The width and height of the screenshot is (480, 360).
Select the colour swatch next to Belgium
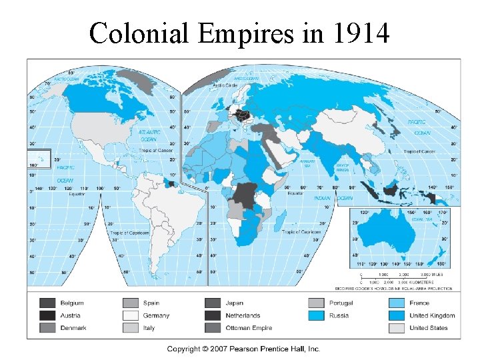(x=48, y=303)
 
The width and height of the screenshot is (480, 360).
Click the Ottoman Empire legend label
(x=248, y=327)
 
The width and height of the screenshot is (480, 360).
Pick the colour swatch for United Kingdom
(x=397, y=315)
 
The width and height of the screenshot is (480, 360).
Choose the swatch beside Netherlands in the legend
(x=213, y=315)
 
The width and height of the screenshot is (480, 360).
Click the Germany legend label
(x=156, y=315)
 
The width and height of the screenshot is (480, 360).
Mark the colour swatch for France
(x=397, y=303)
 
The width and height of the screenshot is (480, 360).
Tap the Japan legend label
(x=234, y=303)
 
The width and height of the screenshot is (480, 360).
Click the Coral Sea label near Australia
(x=423, y=219)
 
